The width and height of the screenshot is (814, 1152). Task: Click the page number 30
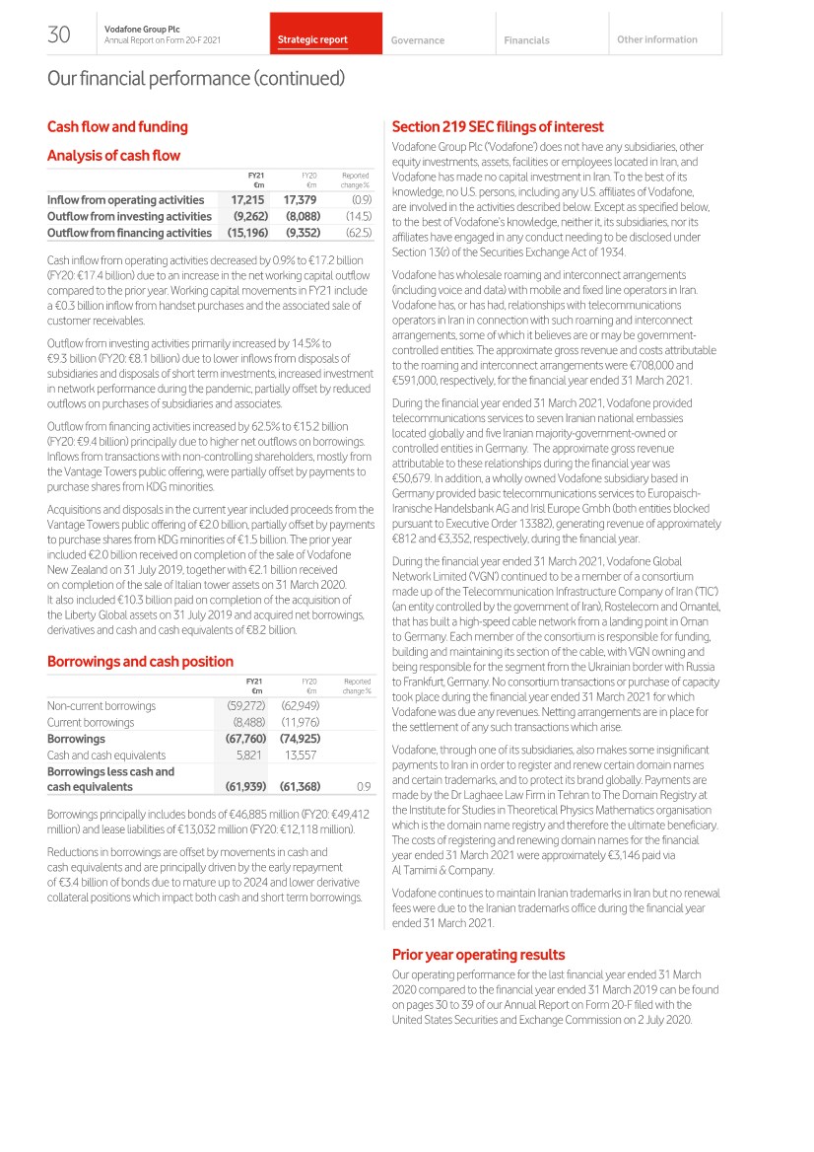click(58, 35)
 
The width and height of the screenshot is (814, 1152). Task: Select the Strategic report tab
click(312, 39)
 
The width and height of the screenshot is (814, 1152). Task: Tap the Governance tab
click(417, 40)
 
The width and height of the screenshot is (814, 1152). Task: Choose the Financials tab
click(526, 40)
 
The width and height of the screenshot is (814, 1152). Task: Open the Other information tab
click(656, 39)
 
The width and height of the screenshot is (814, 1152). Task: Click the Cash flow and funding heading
click(117, 126)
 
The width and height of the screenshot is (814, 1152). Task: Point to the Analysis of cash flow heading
click(113, 155)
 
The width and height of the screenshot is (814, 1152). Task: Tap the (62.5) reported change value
click(358, 233)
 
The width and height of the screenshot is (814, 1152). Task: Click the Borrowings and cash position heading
click(140, 661)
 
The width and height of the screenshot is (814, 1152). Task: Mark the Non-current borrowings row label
click(102, 706)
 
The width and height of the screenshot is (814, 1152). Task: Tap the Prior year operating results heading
click(478, 954)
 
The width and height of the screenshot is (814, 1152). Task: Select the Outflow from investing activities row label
click(129, 216)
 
